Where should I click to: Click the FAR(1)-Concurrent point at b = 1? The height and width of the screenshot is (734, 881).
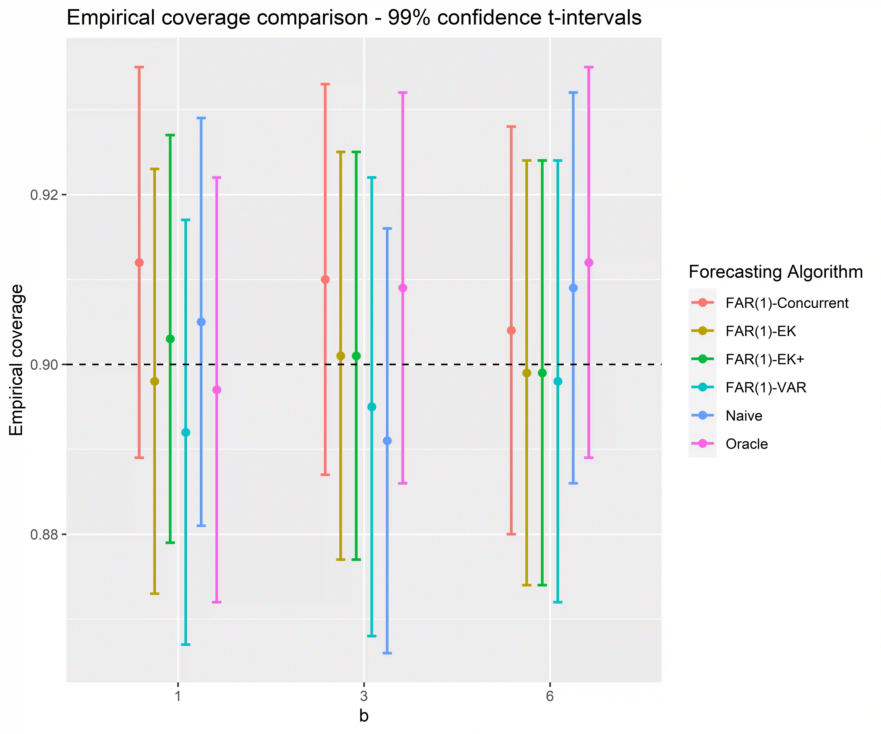(139, 263)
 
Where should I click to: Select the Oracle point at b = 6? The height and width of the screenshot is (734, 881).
(589, 263)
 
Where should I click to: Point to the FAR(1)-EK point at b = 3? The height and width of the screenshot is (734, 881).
(341, 356)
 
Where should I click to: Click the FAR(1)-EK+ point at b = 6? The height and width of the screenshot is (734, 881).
(542, 373)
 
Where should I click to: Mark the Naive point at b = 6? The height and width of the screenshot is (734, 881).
(573, 288)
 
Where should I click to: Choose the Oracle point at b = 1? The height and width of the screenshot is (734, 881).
(216, 390)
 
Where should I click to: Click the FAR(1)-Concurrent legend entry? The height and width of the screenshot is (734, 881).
(787, 303)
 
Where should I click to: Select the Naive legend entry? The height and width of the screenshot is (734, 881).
(744, 416)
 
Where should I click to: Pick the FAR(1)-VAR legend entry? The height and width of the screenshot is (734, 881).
(766, 388)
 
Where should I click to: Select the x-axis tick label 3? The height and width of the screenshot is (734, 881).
(364, 696)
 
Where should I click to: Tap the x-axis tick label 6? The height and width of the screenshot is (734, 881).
(550, 696)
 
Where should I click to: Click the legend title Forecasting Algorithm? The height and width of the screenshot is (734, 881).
(775, 272)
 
